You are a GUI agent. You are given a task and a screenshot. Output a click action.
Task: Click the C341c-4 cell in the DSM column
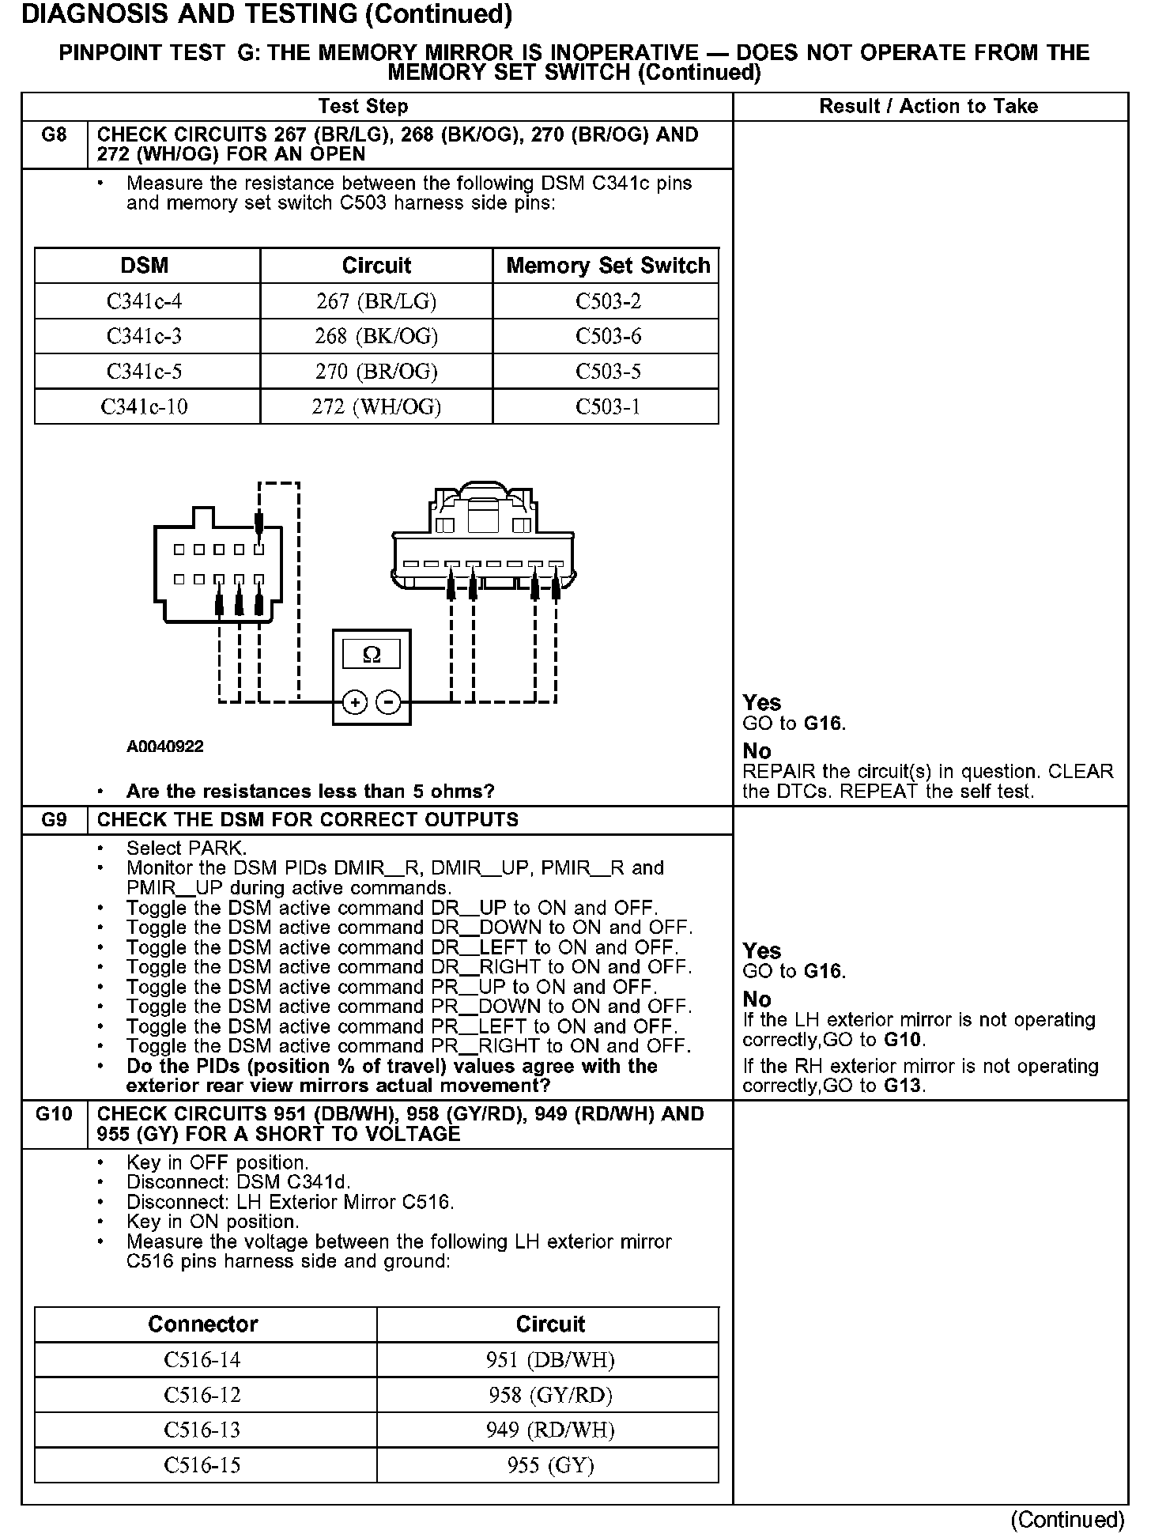pyautogui.click(x=145, y=301)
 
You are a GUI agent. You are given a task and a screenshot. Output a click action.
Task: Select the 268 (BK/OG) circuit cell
pyautogui.click(x=376, y=336)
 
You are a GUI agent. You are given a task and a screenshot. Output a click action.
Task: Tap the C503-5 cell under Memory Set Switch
pyautogui.click(x=608, y=371)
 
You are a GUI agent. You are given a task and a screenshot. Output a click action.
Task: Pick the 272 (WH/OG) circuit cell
pyautogui.click(x=376, y=406)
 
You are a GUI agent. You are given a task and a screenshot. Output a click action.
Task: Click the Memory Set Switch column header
pyautogui.click(x=608, y=266)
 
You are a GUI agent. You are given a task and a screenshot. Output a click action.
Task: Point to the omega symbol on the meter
pyautogui.click(x=371, y=655)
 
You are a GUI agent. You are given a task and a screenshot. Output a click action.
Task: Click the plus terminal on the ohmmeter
pyautogui.click(x=355, y=701)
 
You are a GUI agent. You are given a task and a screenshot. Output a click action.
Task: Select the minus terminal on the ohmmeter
pyautogui.click(x=387, y=701)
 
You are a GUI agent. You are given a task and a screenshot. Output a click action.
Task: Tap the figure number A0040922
pyautogui.click(x=165, y=746)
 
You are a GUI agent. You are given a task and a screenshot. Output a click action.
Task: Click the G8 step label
pyautogui.click(x=54, y=134)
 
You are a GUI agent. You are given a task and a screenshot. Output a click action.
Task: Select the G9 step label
pyautogui.click(x=54, y=820)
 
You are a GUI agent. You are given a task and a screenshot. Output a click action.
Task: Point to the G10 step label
pyautogui.click(x=54, y=1114)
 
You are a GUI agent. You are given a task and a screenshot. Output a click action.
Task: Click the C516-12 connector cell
pyautogui.click(x=202, y=1395)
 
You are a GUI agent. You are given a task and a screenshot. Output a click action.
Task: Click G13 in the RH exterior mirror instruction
pyautogui.click(x=903, y=1086)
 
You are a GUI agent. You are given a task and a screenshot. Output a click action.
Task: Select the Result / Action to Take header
pyautogui.click(x=929, y=107)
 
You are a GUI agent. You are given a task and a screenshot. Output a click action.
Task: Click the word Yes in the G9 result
pyautogui.click(x=762, y=950)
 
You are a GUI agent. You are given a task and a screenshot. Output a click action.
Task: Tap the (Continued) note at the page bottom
pyautogui.click(x=1067, y=1519)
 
